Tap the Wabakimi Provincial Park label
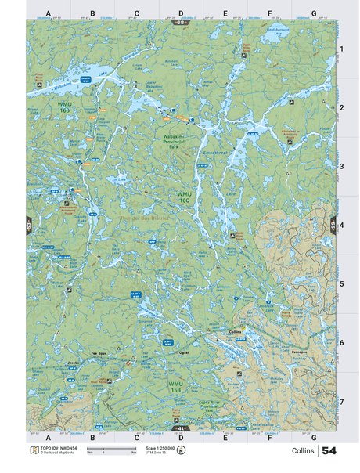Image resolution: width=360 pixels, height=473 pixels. click(179, 142)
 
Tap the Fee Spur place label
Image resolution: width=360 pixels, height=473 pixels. click(98, 353)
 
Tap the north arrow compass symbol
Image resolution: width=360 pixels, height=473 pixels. click(181, 450)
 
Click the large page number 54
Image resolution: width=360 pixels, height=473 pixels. click(329, 451)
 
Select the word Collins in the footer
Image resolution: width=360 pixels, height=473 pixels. click(303, 451)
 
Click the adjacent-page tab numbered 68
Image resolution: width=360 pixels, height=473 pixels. click(181, 22)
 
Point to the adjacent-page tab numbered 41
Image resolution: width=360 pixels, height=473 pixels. click(181, 428)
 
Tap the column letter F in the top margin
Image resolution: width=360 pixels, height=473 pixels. click(269, 13)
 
